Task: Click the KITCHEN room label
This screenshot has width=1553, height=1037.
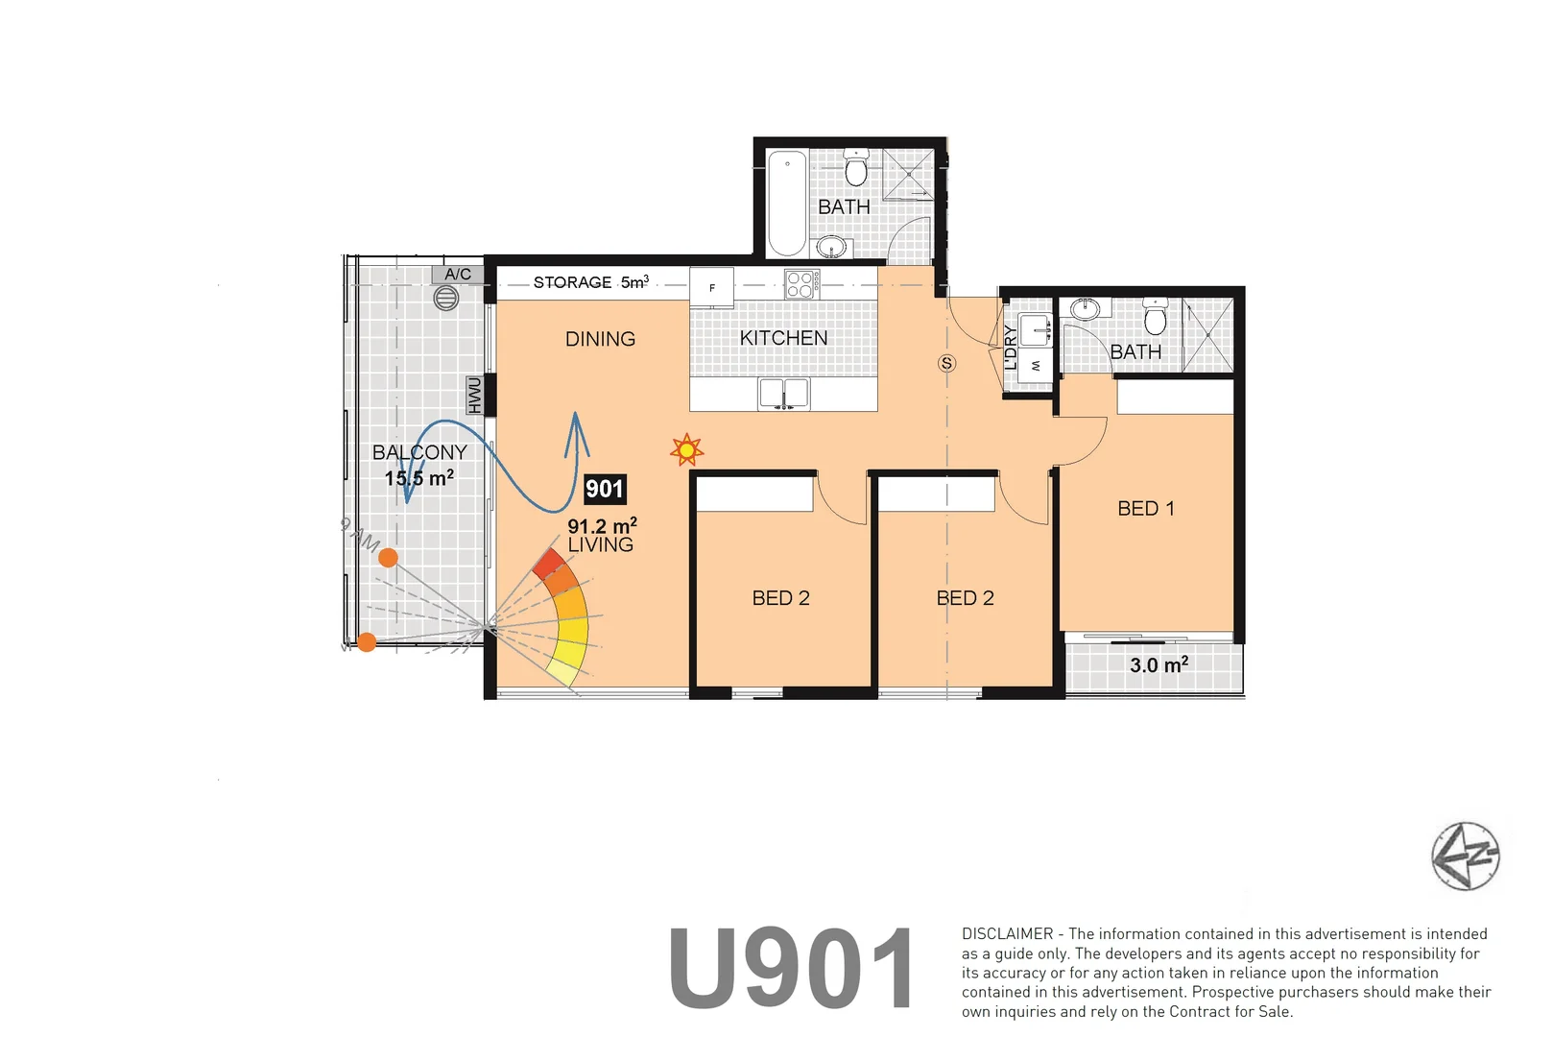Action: click(783, 338)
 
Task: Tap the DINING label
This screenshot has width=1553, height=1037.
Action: click(600, 339)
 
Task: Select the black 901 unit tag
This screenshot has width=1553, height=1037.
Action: click(605, 489)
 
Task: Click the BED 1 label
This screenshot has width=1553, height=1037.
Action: click(1146, 509)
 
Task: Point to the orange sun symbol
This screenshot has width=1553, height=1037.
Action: click(686, 449)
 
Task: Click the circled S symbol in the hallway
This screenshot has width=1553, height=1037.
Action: click(947, 363)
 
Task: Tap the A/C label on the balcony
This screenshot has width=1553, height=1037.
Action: click(458, 275)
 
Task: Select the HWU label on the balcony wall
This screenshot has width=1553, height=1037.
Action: click(474, 395)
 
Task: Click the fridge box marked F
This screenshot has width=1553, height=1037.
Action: click(712, 288)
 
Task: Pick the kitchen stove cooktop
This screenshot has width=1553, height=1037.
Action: click(800, 284)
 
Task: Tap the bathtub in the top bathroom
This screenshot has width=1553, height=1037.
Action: click(787, 203)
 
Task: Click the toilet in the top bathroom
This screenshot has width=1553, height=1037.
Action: click(856, 168)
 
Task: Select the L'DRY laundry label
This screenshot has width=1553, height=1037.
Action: click(1011, 348)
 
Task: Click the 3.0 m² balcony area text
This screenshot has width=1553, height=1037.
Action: click(1159, 664)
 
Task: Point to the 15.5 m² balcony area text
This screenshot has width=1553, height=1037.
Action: click(419, 478)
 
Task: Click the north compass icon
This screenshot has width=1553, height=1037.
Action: click(1465, 856)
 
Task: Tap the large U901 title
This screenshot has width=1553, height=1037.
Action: click(792, 968)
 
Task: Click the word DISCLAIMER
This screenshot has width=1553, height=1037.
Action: click(1007, 933)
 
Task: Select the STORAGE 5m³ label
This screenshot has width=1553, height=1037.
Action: click(590, 282)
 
